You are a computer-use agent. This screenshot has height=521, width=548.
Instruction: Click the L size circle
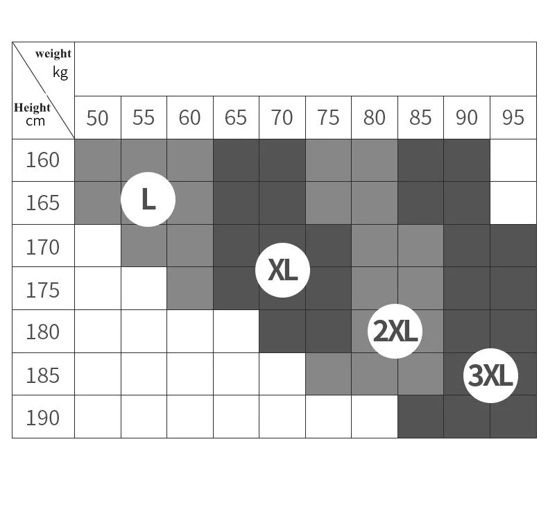click(x=148, y=200)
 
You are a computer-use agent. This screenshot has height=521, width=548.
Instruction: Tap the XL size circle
click(x=282, y=271)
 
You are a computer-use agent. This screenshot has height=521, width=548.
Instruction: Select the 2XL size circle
click(x=395, y=332)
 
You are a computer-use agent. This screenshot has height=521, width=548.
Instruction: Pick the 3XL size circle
click(x=490, y=376)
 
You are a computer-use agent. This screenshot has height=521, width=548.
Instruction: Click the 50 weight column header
click(x=97, y=118)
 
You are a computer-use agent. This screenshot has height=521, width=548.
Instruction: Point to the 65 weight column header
click(x=236, y=118)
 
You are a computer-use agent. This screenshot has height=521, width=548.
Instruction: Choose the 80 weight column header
click(x=375, y=118)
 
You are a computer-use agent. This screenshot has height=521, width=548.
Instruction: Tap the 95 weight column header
click(x=513, y=118)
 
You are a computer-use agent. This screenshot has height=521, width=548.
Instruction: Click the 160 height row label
click(x=43, y=160)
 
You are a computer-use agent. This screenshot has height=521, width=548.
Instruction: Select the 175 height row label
click(x=43, y=289)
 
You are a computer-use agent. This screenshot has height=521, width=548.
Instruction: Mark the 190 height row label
click(x=43, y=418)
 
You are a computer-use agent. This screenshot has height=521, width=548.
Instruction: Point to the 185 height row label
click(x=43, y=375)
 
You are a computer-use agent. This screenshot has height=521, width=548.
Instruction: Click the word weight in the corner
click(x=53, y=54)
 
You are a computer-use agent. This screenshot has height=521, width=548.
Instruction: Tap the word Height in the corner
click(x=32, y=108)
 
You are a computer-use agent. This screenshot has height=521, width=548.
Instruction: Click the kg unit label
click(x=60, y=71)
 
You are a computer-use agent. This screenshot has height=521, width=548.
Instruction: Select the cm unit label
click(x=35, y=121)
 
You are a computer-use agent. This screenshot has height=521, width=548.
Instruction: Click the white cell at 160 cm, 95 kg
click(x=513, y=160)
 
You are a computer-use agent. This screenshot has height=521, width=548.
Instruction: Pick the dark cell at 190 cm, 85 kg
click(x=420, y=417)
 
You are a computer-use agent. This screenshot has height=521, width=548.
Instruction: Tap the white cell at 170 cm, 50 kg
click(x=97, y=246)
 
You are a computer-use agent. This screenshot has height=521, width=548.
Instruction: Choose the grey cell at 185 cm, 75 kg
click(x=328, y=375)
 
